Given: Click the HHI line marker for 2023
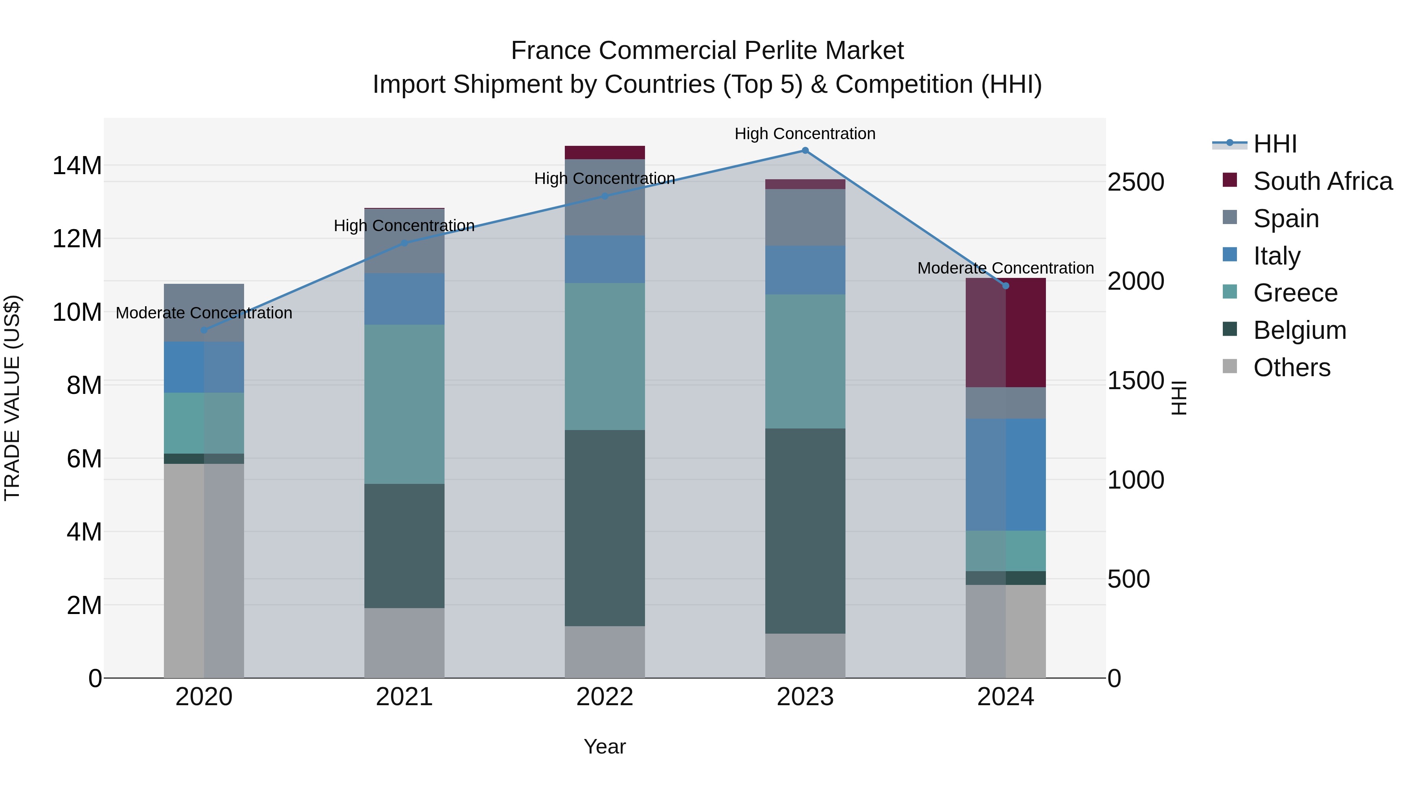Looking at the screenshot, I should (805, 151).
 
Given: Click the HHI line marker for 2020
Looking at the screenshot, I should (204, 330).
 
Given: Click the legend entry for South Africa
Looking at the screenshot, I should (1322, 181).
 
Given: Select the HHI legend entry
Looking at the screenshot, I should (1274, 144).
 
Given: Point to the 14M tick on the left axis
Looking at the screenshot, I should (77, 165).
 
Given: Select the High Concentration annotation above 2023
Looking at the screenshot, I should (805, 134).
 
